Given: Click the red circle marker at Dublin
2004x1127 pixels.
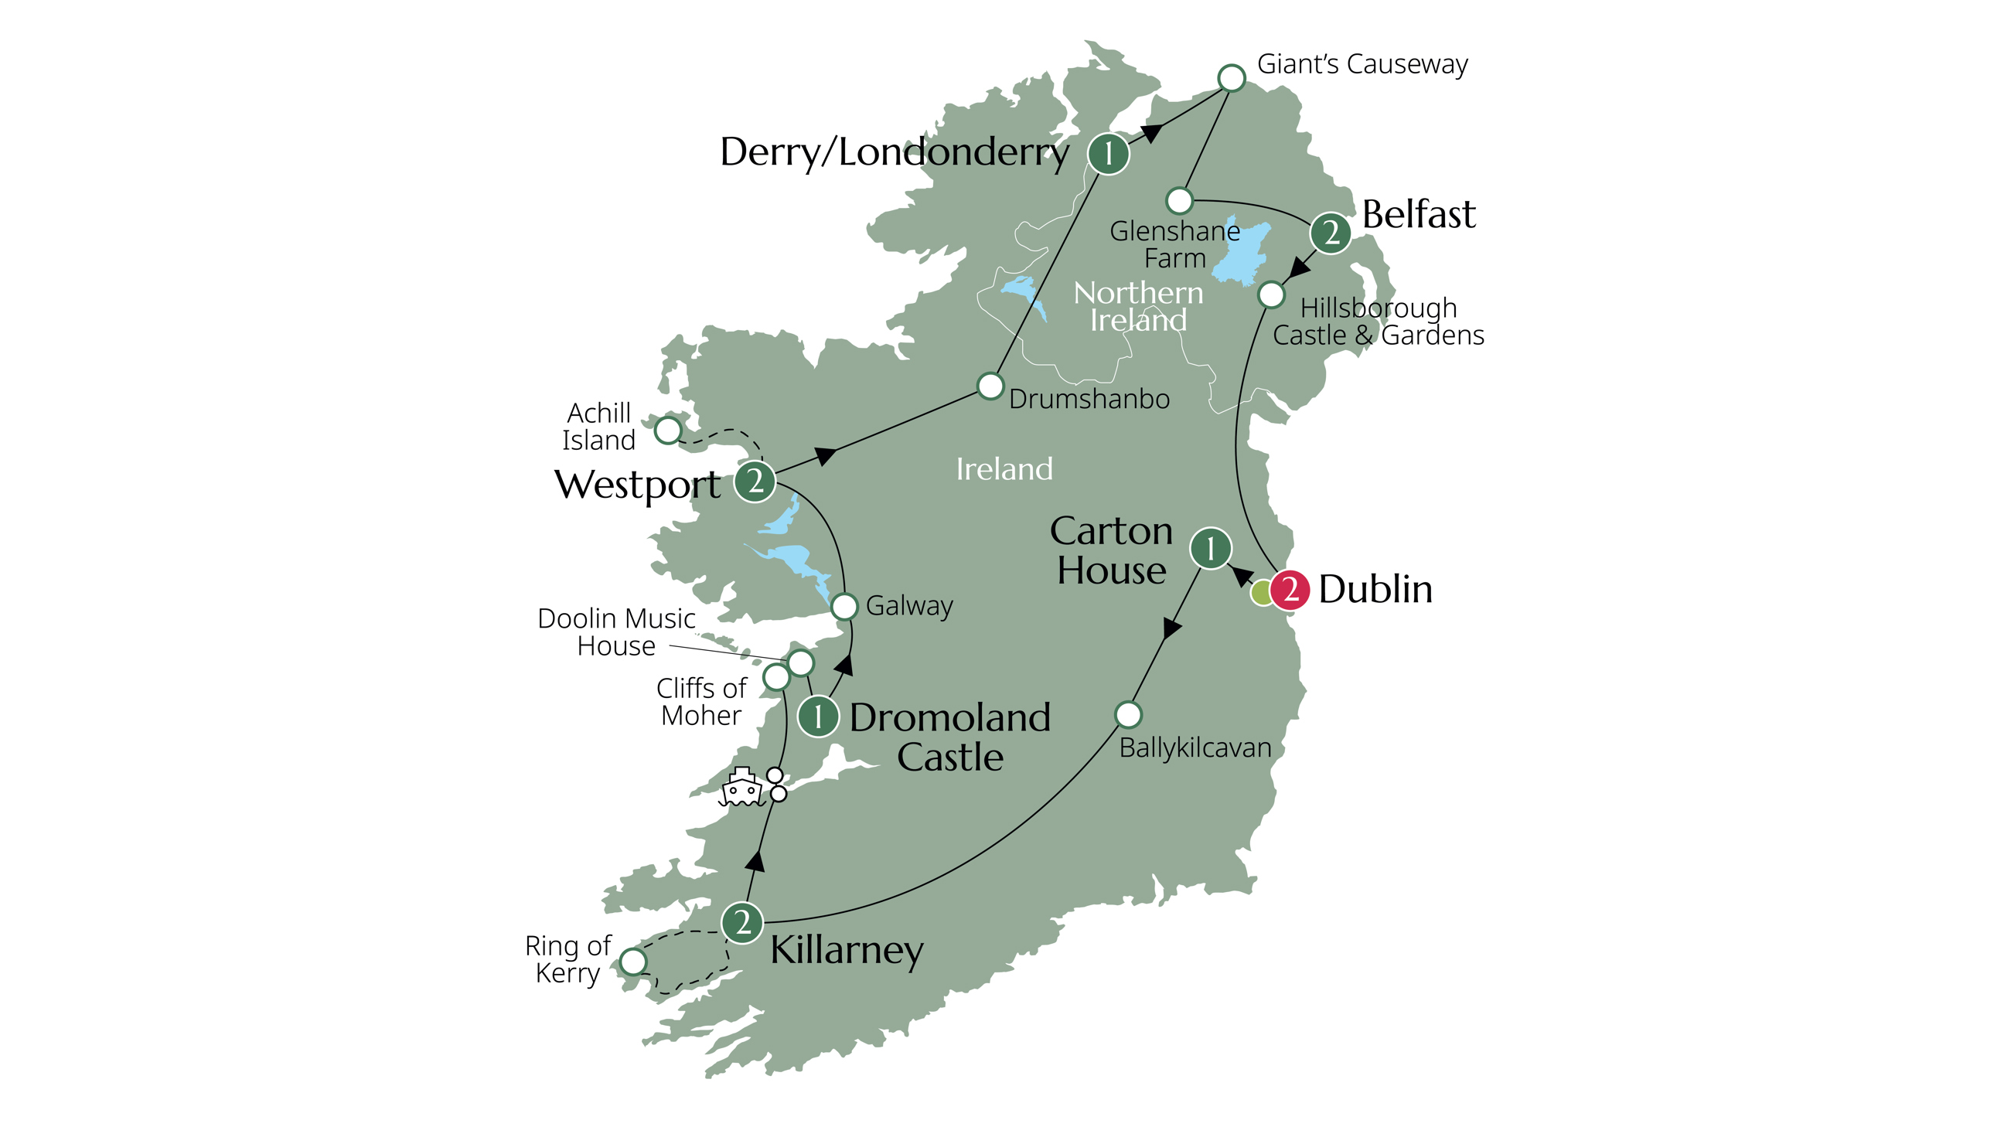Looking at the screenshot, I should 1289,590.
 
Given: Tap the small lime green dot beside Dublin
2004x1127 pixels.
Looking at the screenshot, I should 1262,593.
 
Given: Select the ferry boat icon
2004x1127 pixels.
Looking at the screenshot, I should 741,787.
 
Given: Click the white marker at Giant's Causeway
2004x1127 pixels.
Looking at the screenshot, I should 1231,78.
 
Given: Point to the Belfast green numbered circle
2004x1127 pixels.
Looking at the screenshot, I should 1331,233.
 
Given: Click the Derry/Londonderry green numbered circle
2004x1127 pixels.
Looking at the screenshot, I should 1108,153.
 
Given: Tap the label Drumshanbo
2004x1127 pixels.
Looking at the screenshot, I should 1089,399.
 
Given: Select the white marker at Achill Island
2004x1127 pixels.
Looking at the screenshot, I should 667,429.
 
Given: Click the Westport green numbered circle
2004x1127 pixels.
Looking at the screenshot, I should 755,482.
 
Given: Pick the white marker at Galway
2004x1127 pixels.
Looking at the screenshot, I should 844,606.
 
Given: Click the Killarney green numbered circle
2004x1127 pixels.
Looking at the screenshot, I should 742,922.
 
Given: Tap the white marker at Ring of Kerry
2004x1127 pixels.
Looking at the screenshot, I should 633,962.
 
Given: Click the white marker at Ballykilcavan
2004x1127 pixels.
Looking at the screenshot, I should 1128,714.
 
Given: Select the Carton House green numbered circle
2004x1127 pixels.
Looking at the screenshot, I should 1211,548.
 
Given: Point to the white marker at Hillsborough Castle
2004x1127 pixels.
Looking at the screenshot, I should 1270,295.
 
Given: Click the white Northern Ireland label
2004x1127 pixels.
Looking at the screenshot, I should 1138,306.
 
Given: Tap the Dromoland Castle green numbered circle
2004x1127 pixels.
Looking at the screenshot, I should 818,717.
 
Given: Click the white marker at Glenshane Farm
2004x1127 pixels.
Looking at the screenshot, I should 1179,201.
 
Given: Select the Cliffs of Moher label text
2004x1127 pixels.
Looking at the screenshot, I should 700,702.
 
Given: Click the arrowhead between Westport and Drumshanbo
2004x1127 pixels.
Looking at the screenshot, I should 826,455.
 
